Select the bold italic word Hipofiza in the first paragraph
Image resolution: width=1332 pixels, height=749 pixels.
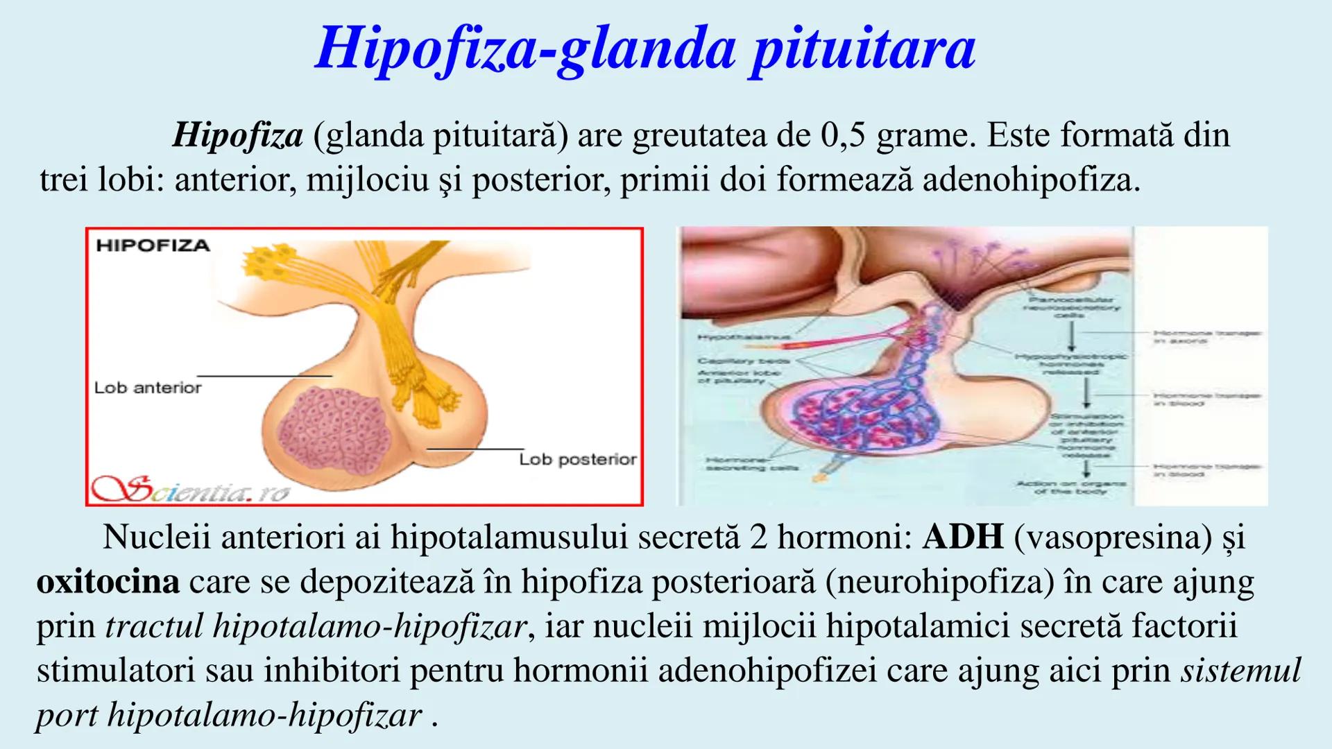pyautogui.click(x=237, y=135)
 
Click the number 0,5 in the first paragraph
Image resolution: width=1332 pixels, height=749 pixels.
pyautogui.click(x=843, y=135)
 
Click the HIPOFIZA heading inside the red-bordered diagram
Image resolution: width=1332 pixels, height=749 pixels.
pyautogui.click(x=153, y=246)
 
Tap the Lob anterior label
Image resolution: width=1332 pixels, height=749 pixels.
pyautogui.click(x=148, y=388)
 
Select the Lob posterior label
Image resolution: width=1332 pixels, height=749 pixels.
pyautogui.click(x=578, y=459)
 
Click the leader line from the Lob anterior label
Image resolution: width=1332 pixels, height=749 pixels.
pyautogui.click(x=264, y=376)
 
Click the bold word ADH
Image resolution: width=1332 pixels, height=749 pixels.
pyautogui.click(x=962, y=537)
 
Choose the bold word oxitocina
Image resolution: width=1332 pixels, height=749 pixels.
pyautogui.click(x=108, y=581)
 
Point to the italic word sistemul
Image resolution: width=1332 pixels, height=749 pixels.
pyautogui.click(x=1240, y=671)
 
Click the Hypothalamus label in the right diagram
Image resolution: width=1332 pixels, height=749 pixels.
pyautogui.click(x=743, y=338)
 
